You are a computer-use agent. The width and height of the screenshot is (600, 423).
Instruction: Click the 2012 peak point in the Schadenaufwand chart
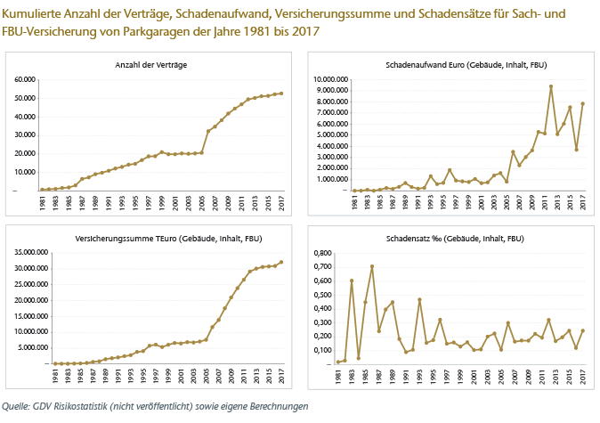pyautogui.click(x=551, y=86)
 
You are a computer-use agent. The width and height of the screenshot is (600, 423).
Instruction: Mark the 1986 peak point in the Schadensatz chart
pyautogui.click(x=371, y=266)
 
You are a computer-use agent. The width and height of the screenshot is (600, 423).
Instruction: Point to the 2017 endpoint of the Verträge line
pyautogui.click(x=281, y=93)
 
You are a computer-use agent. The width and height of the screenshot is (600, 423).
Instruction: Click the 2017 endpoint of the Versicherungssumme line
pyautogui.click(x=281, y=263)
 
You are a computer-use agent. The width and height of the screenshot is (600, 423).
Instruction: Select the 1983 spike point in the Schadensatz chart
pyautogui.click(x=352, y=281)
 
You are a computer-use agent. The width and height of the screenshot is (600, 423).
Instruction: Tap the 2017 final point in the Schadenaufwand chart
pyautogui.click(x=582, y=103)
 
